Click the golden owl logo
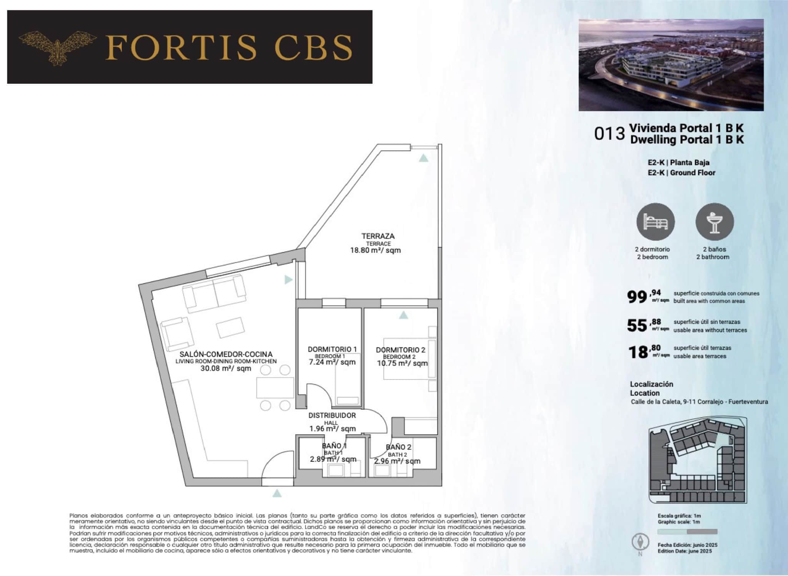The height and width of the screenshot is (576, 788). (58, 47)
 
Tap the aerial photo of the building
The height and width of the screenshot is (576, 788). (671, 65)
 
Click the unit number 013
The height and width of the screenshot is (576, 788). (610, 134)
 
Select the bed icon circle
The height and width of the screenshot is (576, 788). (655, 222)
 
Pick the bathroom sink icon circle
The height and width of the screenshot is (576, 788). (715, 222)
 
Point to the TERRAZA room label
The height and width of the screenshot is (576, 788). (378, 236)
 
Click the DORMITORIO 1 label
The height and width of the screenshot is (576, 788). (332, 349)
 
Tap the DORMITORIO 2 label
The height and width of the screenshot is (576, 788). (401, 350)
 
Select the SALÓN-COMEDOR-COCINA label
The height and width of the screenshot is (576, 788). (226, 354)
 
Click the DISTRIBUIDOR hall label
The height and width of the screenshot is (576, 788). (332, 415)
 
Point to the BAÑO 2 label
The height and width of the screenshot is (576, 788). (399, 447)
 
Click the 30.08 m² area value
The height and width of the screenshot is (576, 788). (226, 369)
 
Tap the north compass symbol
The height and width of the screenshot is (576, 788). (640, 543)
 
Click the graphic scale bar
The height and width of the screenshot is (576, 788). (687, 532)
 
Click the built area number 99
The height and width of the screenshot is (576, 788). (637, 297)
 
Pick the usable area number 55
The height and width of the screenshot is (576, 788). (637, 326)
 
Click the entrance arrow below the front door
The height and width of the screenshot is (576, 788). (277, 493)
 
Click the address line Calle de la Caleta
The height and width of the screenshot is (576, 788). (699, 402)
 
